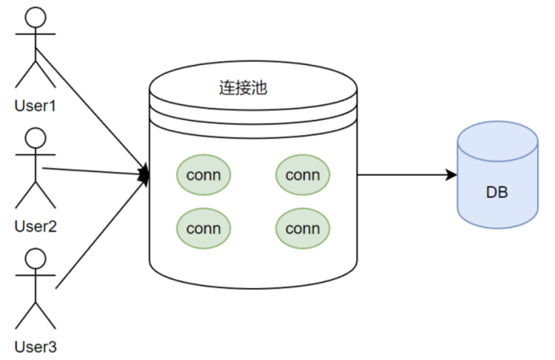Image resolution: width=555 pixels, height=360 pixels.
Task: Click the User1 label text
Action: [35, 106]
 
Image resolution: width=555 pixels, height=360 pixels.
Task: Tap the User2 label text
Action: [36, 226]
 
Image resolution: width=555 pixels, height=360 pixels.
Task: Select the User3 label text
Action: [36, 347]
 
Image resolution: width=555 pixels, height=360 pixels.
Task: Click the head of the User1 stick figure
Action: [36, 17]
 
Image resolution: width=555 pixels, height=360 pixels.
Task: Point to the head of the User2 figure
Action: [36, 138]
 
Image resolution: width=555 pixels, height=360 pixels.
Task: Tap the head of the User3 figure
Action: [36, 259]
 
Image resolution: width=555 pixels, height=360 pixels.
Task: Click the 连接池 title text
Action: [243, 88]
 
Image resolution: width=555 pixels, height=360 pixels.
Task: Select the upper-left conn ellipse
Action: [204, 175]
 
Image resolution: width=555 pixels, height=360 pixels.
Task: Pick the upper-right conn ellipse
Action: [303, 175]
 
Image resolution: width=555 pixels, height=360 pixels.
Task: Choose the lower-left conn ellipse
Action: [204, 229]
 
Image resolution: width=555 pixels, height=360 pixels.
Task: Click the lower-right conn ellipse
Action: [303, 229]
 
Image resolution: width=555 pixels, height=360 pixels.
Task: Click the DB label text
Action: [497, 192]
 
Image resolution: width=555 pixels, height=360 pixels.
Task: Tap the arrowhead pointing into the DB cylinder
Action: [451, 174]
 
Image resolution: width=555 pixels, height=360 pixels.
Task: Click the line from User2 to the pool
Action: [96, 171]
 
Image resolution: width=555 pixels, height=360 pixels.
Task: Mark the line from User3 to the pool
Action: [102, 231]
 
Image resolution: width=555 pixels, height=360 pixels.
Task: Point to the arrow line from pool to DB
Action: [407, 174]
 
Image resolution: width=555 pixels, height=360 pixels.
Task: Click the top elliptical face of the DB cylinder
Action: [498, 141]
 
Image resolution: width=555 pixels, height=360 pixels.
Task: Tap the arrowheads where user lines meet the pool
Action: [144, 174]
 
